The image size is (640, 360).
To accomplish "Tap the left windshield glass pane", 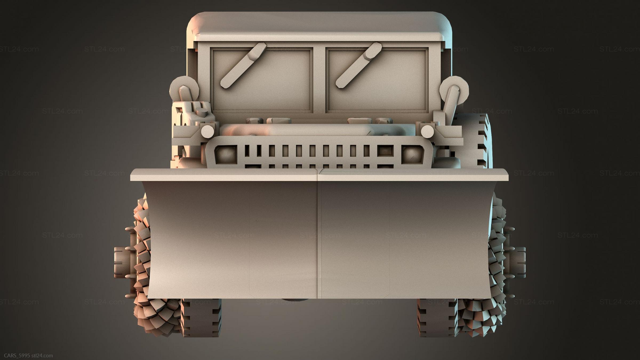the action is point(262,80).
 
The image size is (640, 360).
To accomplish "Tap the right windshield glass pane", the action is point(377,80).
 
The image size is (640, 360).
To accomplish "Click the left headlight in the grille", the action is point(226,154).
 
